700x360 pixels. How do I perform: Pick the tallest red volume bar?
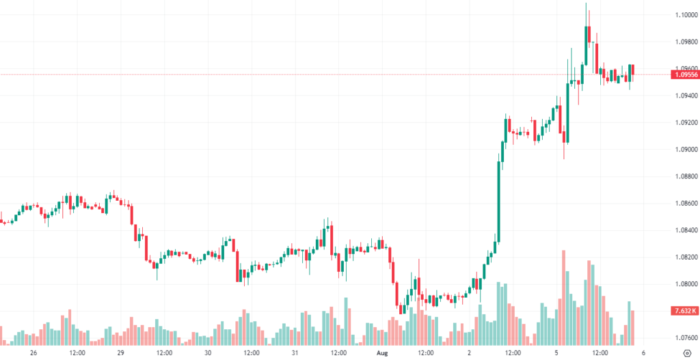pos(564,297)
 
